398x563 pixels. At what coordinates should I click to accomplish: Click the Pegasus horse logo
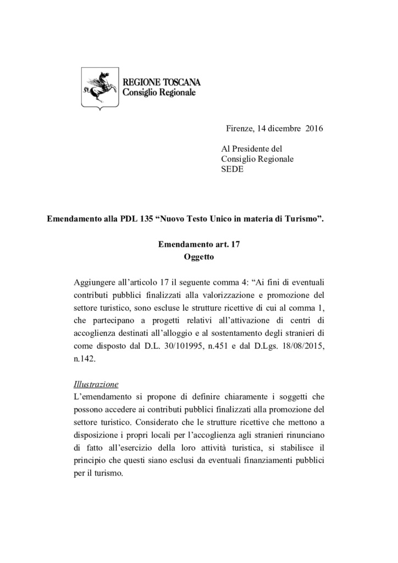coord(99,89)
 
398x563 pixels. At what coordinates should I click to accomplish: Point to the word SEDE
coord(232,169)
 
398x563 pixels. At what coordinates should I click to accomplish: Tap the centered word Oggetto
coord(198,256)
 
